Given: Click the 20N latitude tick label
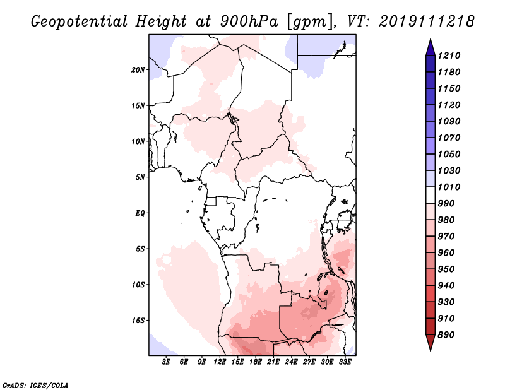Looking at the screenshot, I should tap(139, 69).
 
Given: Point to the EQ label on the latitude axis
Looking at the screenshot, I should tap(141, 213).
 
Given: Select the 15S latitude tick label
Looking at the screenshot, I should tap(139, 320).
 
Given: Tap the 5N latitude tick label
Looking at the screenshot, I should tap(141, 177).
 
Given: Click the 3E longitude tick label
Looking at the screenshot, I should tap(167, 362).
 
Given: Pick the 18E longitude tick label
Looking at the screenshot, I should tap(256, 362).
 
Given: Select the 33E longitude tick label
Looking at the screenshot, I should tap(345, 362).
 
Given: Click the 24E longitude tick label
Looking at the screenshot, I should tap(292, 362).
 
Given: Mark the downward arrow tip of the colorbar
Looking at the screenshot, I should tap(429, 349).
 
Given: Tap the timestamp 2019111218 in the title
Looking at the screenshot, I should tap(427, 21).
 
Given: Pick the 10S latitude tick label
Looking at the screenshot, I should tap(139, 284).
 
